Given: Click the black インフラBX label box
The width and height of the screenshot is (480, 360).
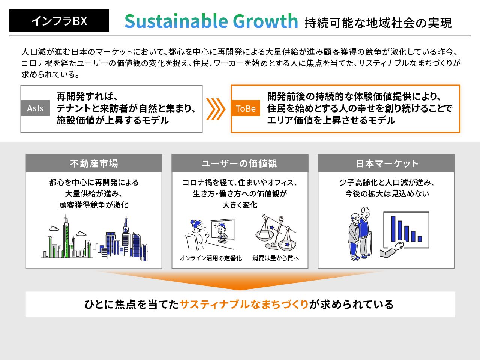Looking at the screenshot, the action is pyautogui.click(x=59, y=21).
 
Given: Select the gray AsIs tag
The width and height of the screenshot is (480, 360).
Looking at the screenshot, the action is pyautogui.click(x=35, y=108).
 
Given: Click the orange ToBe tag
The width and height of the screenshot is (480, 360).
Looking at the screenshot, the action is pyautogui.click(x=246, y=108).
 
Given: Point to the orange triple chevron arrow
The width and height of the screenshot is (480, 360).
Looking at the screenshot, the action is pyautogui.click(x=216, y=109).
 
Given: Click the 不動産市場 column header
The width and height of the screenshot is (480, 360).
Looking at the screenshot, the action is pyautogui.click(x=94, y=163).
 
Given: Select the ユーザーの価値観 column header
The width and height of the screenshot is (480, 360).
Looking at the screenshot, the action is pyautogui.click(x=240, y=163).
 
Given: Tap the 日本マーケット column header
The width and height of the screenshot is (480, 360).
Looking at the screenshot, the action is pyautogui.click(x=386, y=163).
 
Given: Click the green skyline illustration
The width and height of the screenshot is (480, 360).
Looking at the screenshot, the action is pyautogui.click(x=67, y=237).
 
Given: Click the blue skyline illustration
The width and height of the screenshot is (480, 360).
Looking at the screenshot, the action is pyautogui.click(x=121, y=238).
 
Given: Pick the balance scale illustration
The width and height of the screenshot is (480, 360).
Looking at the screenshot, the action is pyautogui.click(x=276, y=233).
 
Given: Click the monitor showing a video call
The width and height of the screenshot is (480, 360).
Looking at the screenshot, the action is pyautogui.click(x=223, y=231).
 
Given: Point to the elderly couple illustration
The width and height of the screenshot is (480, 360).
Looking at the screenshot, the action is pyautogui.click(x=360, y=234).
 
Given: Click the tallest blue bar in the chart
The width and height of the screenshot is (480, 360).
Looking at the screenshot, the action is pyautogui.click(x=393, y=229).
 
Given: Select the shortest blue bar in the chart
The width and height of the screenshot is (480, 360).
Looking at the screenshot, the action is pyautogui.click(x=420, y=239).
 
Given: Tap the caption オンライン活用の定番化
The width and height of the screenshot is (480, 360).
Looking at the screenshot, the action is pyautogui.click(x=211, y=258).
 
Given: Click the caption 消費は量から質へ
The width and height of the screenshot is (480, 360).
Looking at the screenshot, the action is pyautogui.click(x=276, y=258).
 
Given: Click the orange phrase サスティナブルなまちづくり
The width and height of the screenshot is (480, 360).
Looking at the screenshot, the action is pyautogui.click(x=244, y=304).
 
